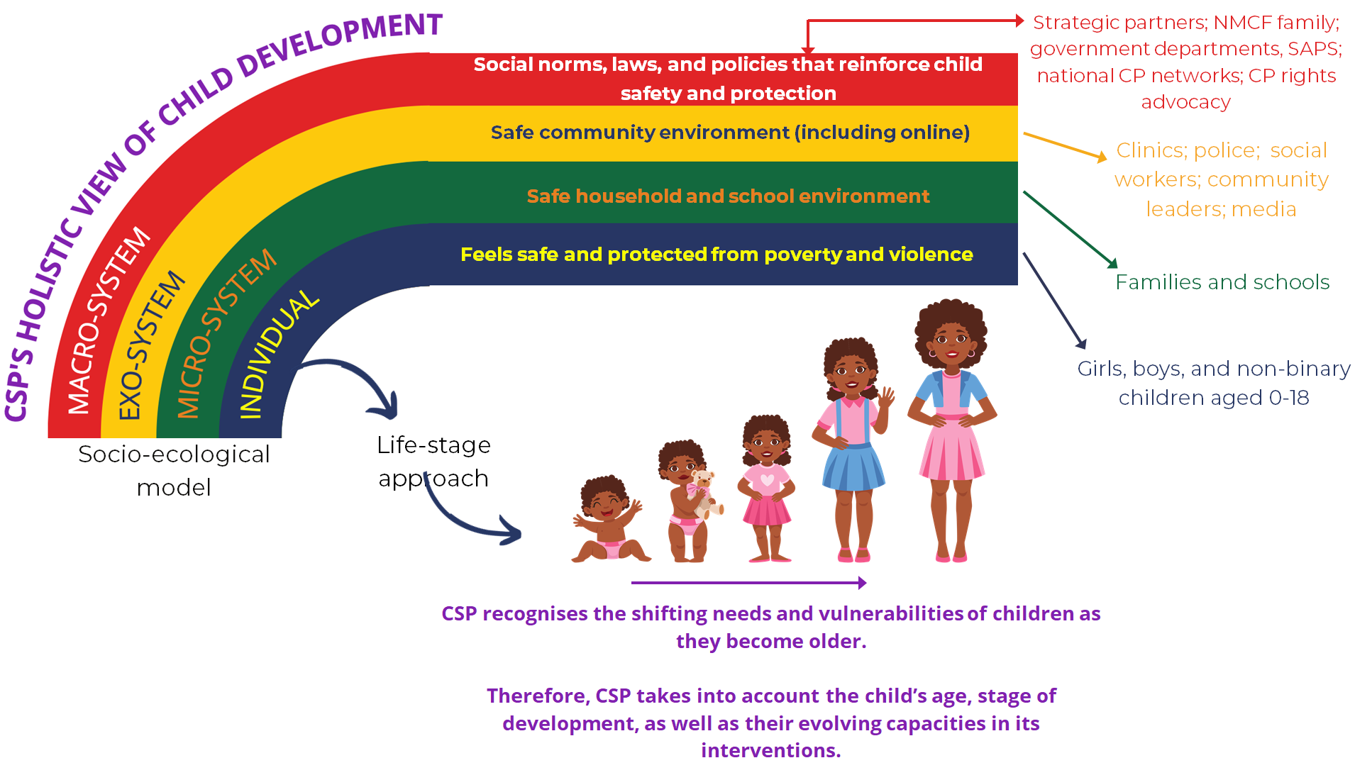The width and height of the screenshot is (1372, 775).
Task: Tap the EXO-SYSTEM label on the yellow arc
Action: coord(151,345)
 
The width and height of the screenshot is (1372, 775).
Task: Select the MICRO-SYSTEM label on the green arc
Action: coord(226,333)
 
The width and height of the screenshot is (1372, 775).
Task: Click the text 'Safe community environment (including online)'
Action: coord(730,133)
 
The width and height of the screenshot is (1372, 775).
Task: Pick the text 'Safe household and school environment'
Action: coord(728,196)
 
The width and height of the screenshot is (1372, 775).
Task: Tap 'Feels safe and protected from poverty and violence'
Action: coord(717,254)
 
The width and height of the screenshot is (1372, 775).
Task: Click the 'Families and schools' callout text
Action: coord(1222,282)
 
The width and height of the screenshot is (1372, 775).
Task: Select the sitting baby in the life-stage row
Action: coord(609,519)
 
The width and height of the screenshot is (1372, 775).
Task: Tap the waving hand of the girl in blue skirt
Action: coord(886,397)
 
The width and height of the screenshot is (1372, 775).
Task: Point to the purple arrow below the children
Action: coord(748,583)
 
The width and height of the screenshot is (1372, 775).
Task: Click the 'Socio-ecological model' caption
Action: coord(174,470)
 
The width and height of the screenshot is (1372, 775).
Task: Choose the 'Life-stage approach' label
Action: coord(433,462)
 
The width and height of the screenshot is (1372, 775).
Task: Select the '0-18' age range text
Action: coord(1288,398)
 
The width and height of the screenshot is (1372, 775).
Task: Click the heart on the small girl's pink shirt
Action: coord(767,479)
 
